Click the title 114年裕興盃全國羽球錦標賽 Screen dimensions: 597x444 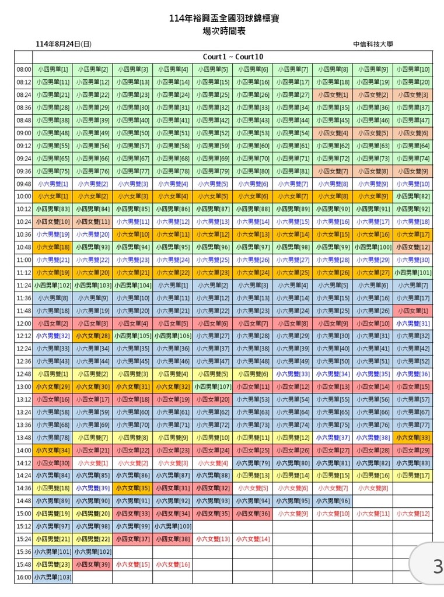(224, 19)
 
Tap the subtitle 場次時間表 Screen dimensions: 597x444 (224, 31)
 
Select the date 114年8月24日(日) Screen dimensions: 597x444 (64, 44)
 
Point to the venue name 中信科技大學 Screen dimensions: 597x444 (373, 44)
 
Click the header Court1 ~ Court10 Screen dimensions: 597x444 (233, 57)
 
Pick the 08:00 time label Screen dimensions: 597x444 (24, 69)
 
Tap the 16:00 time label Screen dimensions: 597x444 (24, 577)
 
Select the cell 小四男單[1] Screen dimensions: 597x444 (53, 69)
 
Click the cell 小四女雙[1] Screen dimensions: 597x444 (333, 95)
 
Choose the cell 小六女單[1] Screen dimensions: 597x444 (53, 196)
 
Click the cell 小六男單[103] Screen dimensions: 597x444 (53, 577)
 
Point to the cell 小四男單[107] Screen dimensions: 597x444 (212, 387)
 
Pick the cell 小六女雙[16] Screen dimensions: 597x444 (173, 564)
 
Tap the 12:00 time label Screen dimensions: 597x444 (24, 324)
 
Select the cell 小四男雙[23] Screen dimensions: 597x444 (53, 564)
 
